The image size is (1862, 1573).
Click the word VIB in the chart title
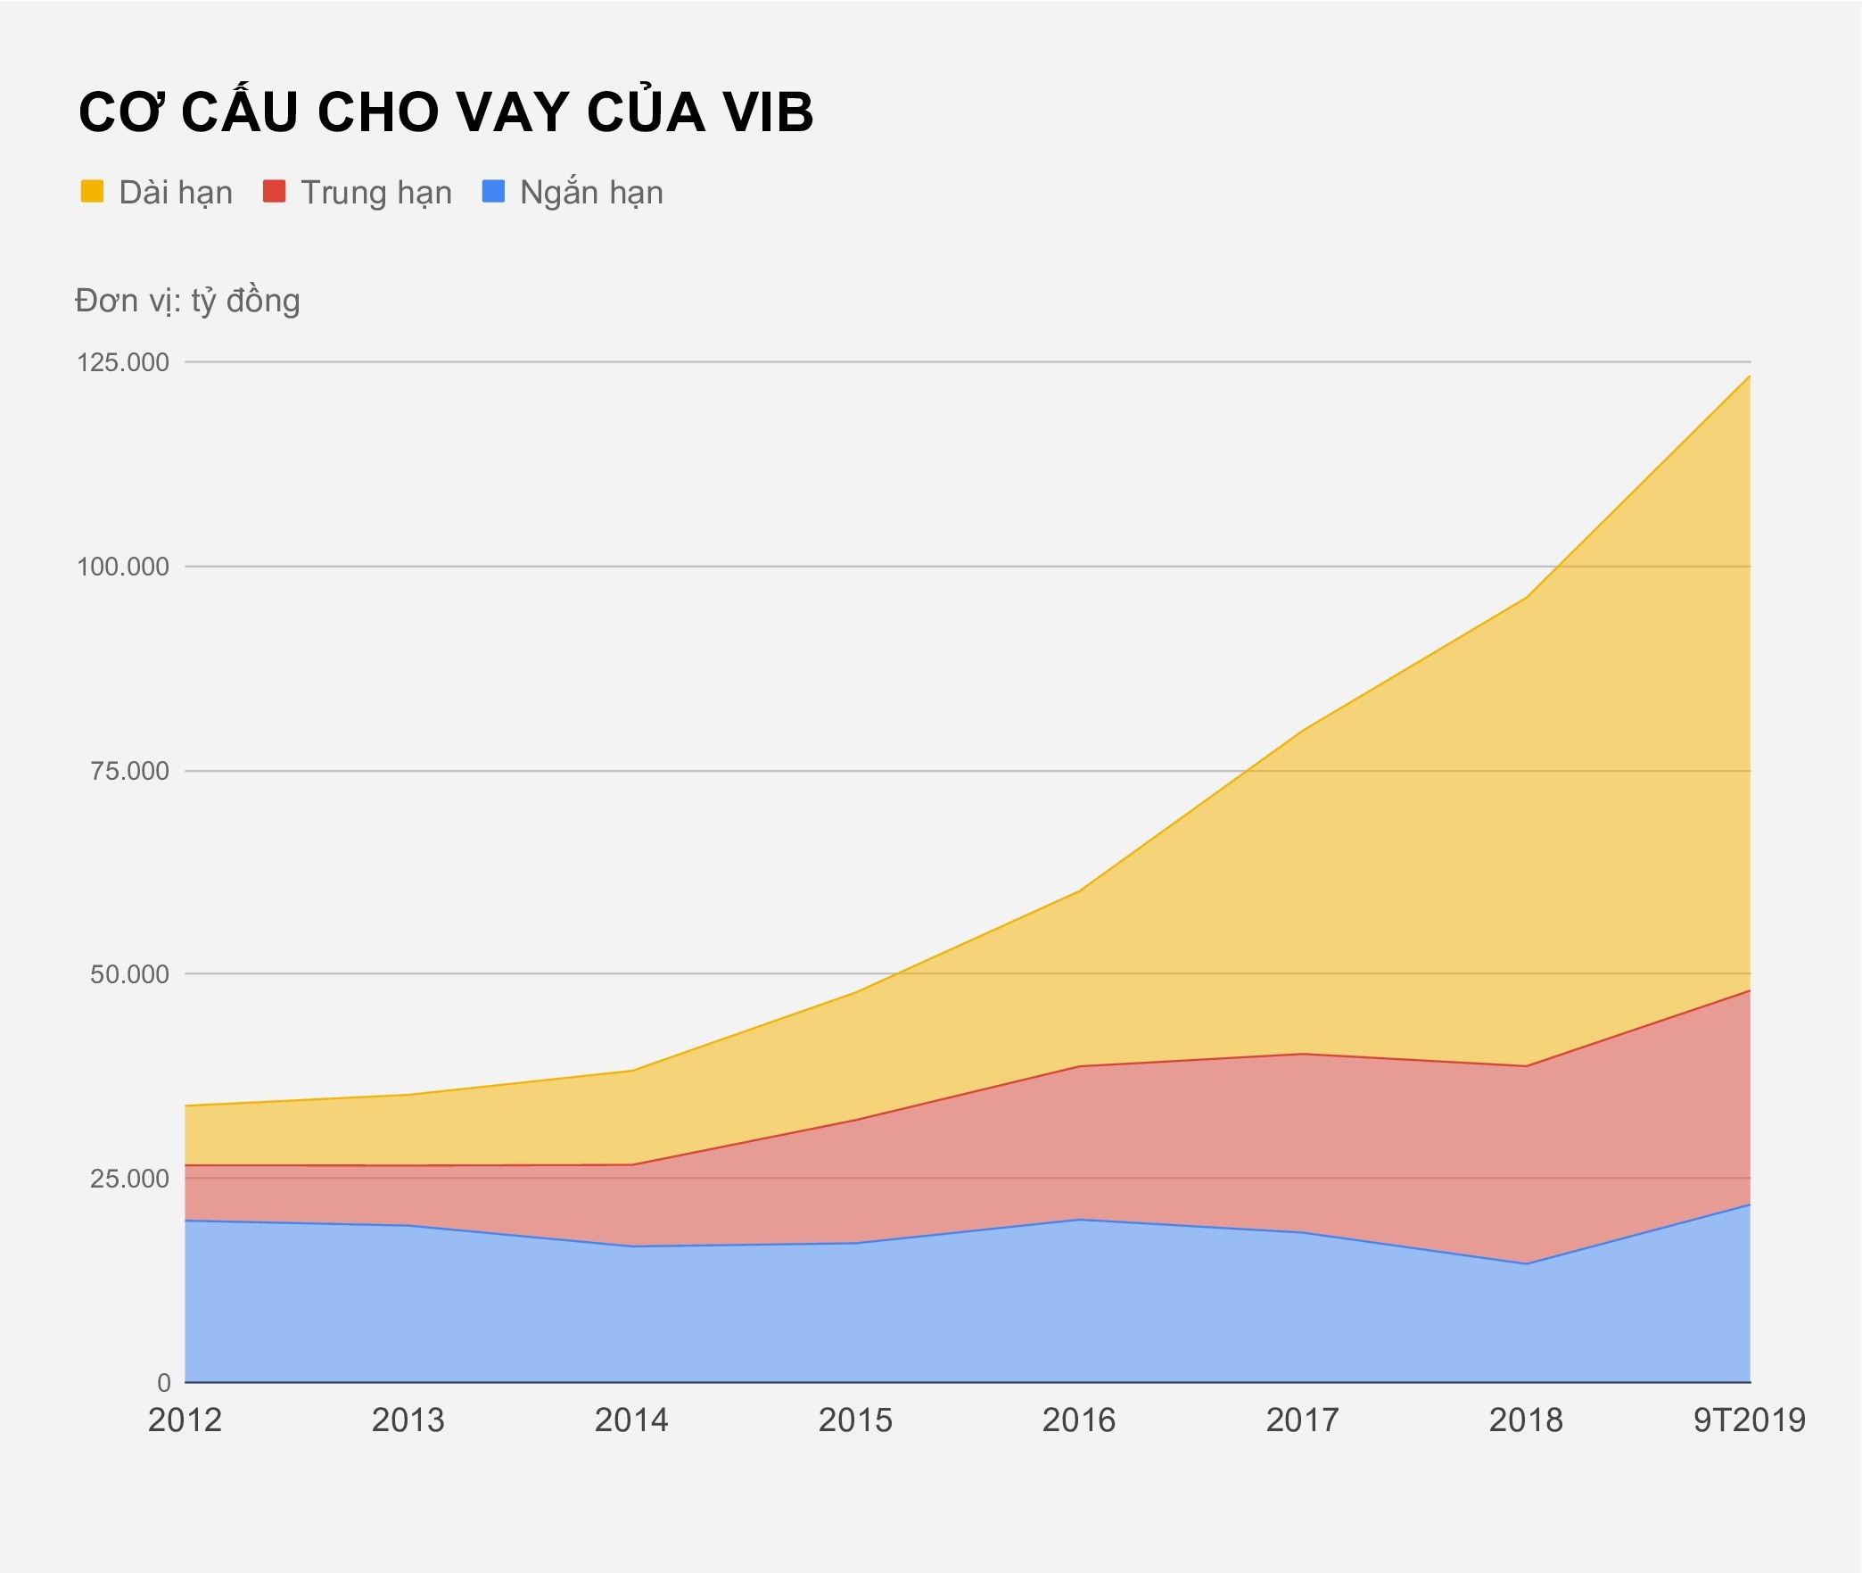pyautogui.click(x=768, y=113)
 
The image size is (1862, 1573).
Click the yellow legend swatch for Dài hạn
pyautogui.click(x=93, y=192)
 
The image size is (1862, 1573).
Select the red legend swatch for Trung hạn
pyautogui.click(x=275, y=192)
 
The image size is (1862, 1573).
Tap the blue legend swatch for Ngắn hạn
pyautogui.click(x=493, y=192)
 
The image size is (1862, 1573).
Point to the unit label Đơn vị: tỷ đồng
pyautogui.click(x=187, y=301)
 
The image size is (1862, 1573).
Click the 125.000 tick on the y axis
pyautogui.click(x=123, y=362)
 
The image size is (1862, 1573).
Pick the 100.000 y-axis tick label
pyautogui.click(x=123, y=567)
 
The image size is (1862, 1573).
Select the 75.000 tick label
pyautogui.click(x=129, y=771)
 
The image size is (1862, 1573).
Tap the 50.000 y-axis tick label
pyautogui.click(x=129, y=974)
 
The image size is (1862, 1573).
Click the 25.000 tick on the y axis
pyautogui.click(x=129, y=1179)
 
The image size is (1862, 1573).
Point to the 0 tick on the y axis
pyautogui.click(x=164, y=1383)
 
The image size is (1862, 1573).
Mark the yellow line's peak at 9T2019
pyautogui.click(x=1750, y=377)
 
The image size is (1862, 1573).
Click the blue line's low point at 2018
pyautogui.click(x=1527, y=1263)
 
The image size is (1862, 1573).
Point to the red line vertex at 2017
pyautogui.click(x=1303, y=1054)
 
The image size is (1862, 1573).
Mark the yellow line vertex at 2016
pyautogui.click(x=1079, y=890)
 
